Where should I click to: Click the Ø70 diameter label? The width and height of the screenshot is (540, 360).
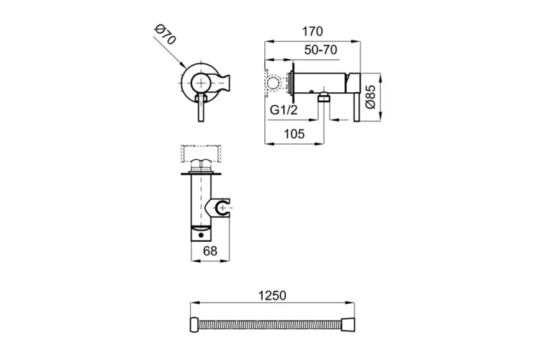(x=166, y=35)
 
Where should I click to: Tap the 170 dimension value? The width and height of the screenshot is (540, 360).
(x=312, y=32)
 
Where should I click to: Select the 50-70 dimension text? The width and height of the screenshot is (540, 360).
(x=320, y=50)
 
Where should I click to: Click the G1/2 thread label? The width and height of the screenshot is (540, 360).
(x=284, y=110)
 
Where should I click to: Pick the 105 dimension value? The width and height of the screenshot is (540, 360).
(x=294, y=134)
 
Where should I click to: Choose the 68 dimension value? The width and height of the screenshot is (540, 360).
(x=210, y=251)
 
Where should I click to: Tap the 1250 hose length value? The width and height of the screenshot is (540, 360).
(x=272, y=296)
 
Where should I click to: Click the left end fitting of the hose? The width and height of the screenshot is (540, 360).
(x=194, y=325)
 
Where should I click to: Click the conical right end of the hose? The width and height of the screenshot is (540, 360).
(x=349, y=325)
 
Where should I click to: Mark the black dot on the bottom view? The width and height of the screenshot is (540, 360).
(x=201, y=235)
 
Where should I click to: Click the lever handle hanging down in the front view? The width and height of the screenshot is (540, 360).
(x=201, y=107)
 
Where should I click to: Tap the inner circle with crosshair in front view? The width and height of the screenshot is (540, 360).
(x=201, y=83)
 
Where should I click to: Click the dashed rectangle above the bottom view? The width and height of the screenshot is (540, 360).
(x=200, y=153)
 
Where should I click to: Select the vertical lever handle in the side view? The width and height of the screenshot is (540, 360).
(x=357, y=107)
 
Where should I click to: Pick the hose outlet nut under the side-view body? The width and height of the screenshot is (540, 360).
(x=324, y=96)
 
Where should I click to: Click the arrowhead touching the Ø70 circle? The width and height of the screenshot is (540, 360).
(x=182, y=64)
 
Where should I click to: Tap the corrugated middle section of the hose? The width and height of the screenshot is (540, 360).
(x=270, y=325)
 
